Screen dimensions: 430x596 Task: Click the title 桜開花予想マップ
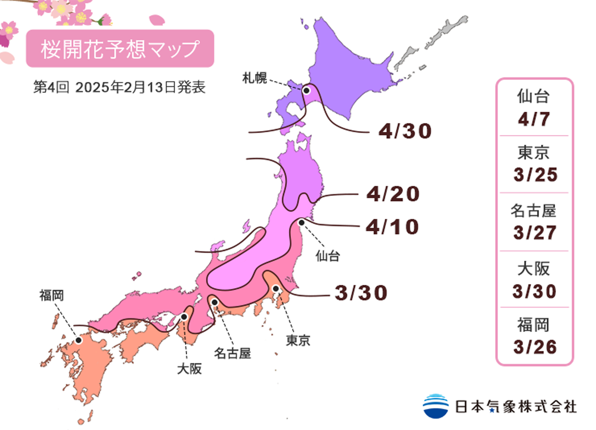120,49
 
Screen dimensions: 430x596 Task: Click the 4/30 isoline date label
405,132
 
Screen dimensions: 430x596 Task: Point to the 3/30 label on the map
361,293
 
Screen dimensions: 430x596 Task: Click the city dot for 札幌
307,91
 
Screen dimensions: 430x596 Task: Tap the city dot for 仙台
302,222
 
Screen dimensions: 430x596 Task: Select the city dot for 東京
276,289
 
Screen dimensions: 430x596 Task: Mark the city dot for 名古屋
215,302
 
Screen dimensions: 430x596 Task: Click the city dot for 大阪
184,316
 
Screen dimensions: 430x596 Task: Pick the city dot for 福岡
78,340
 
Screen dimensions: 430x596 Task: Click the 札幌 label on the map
254,78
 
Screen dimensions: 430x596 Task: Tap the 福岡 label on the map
51,295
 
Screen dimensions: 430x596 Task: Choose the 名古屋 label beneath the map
232,354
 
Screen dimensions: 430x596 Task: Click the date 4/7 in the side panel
534,120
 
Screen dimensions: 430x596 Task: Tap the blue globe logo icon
435,405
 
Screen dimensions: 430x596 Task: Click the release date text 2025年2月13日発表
140,88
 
